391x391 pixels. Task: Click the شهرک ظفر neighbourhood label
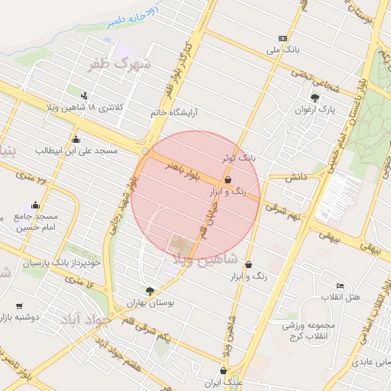click(x=121, y=65)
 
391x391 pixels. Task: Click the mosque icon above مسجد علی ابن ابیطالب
click(x=76, y=139)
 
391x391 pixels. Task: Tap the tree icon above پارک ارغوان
click(x=315, y=98)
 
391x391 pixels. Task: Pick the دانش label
click(x=296, y=176)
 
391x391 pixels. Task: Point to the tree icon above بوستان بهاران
click(x=150, y=290)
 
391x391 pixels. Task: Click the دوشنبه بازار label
click(x=21, y=315)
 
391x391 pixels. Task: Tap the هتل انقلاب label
click(x=333, y=296)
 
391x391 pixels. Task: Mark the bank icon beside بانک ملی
click(x=283, y=37)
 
